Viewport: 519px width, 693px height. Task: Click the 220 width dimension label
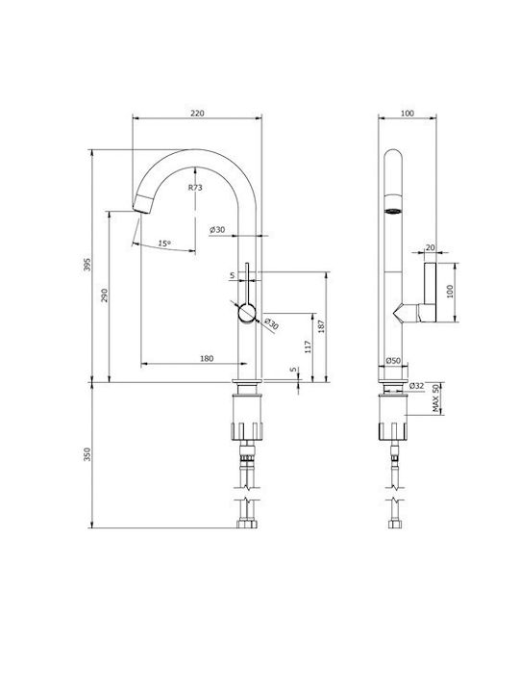tap(197, 114)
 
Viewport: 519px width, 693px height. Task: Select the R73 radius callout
tap(195, 188)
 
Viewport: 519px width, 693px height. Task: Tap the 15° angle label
tap(164, 244)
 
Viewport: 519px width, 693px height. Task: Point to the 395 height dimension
tap(87, 265)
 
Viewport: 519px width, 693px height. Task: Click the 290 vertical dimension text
tap(105, 295)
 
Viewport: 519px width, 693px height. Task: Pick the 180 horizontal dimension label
tap(207, 358)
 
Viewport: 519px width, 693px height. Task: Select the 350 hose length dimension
tap(87, 454)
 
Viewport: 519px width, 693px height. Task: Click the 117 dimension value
tap(309, 346)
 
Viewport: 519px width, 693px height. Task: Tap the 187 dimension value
tap(321, 326)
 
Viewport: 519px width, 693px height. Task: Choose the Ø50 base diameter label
tap(393, 361)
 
